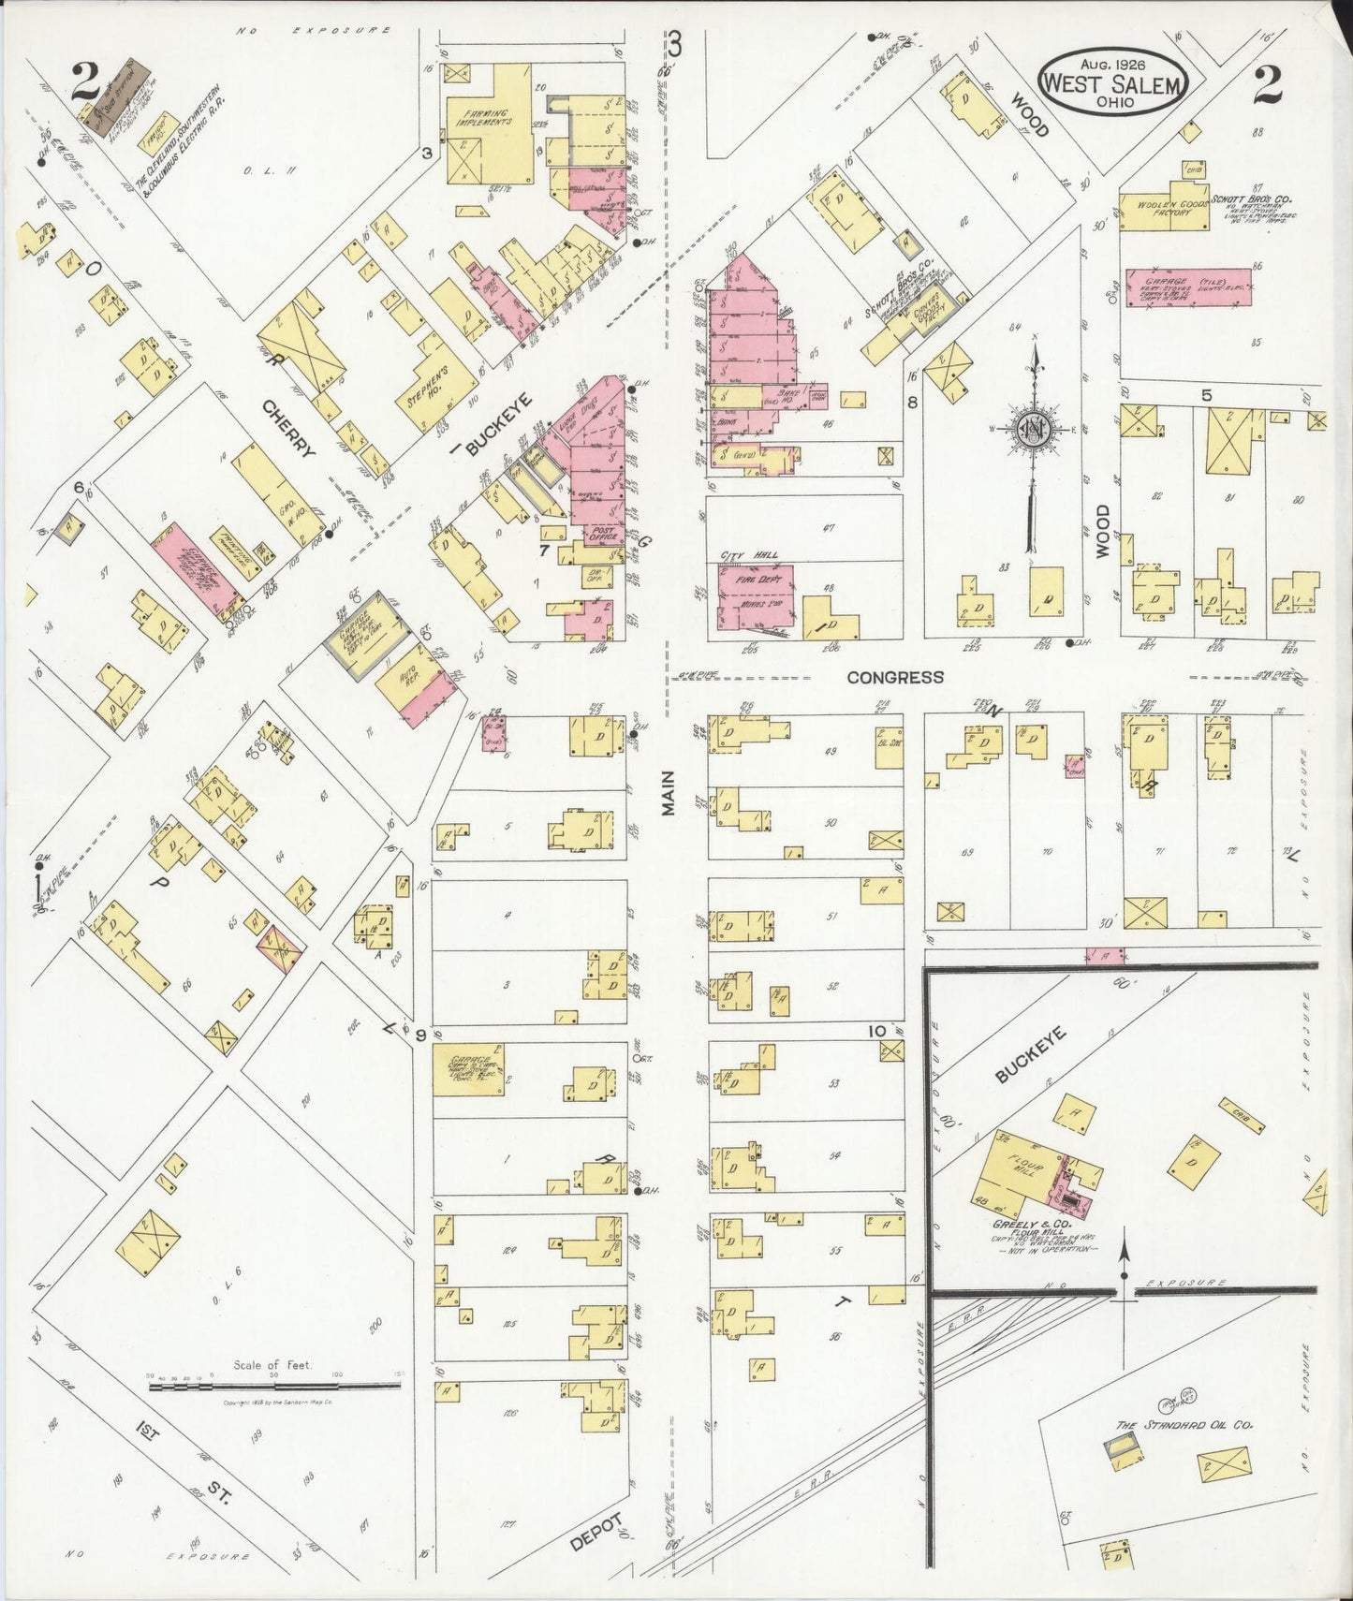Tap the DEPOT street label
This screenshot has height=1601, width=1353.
click(596, 1533)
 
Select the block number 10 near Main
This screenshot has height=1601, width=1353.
click(875, 1032)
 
